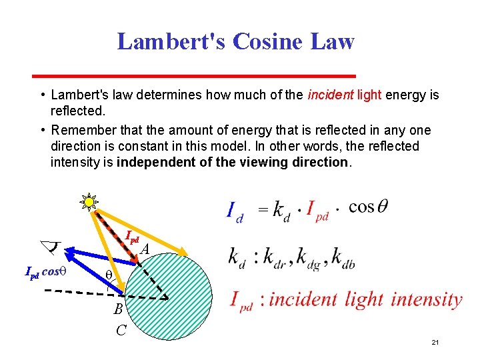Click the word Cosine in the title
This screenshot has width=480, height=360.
[271, 41]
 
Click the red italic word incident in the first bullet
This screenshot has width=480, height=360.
[330, 95]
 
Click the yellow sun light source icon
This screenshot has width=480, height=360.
[89, 203]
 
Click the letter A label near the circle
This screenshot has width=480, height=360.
[145, 249]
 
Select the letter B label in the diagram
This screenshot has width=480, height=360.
[118, 309]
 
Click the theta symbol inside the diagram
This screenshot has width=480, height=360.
[109, 275]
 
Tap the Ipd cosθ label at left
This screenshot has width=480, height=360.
[42, 272]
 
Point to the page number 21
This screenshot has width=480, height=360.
[435, 342]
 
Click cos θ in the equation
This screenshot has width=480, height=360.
[368, 207]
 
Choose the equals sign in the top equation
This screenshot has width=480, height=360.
[263, 210]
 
